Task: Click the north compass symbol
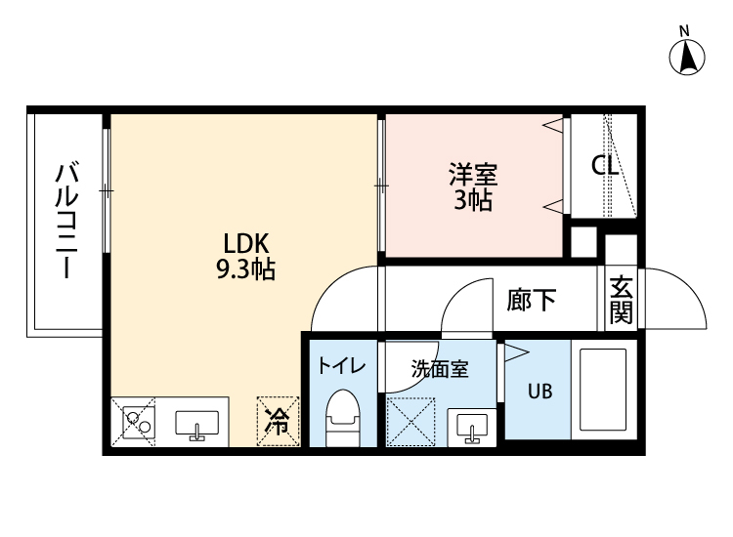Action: point(688,57)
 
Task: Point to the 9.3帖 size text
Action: point(245,269)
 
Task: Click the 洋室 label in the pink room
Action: point(473,176)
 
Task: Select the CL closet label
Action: point(605,166)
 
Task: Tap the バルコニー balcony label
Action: point(66,221)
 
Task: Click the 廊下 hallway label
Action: point(532,300)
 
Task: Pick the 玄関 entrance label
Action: point(621,300)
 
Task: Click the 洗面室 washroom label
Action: point(440,369)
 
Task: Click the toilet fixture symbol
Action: point(341,417)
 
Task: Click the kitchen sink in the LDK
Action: point(196,425)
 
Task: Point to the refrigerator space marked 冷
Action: point(278,421)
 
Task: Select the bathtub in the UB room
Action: point(603,392)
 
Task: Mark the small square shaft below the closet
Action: point(583,240)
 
